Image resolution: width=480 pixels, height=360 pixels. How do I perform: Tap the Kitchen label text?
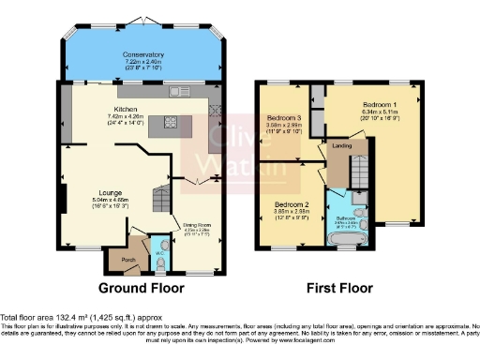[x=127, y=109]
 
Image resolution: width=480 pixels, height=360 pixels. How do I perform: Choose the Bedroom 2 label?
[x=291, y=203]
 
